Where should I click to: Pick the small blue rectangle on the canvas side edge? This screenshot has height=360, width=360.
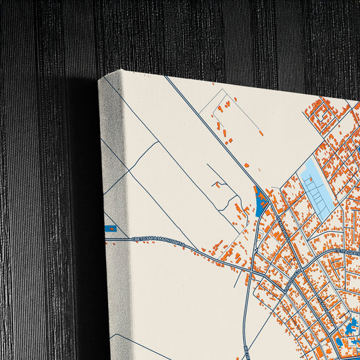pos(110,228)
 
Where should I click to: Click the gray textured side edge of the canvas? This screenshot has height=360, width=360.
pos(112,290)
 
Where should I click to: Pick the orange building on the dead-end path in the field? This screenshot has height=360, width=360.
pos(216,184)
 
